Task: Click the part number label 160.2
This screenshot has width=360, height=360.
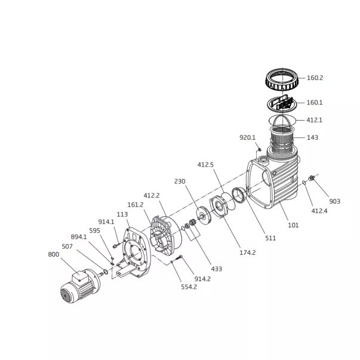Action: click(315, 78)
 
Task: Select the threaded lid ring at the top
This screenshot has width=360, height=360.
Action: click(282, 79)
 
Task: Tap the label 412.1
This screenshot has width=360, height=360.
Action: click(314, 120)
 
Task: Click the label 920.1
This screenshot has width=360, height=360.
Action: click(247, 137)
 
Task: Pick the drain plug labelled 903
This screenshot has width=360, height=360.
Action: click(312, 178)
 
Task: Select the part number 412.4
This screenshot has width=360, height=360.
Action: click(319, 211)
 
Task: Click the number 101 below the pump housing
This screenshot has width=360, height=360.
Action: click(293, 225)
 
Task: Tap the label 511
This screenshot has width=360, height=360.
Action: click(270, 238)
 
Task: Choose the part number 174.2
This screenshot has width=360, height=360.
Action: click(248, 253)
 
